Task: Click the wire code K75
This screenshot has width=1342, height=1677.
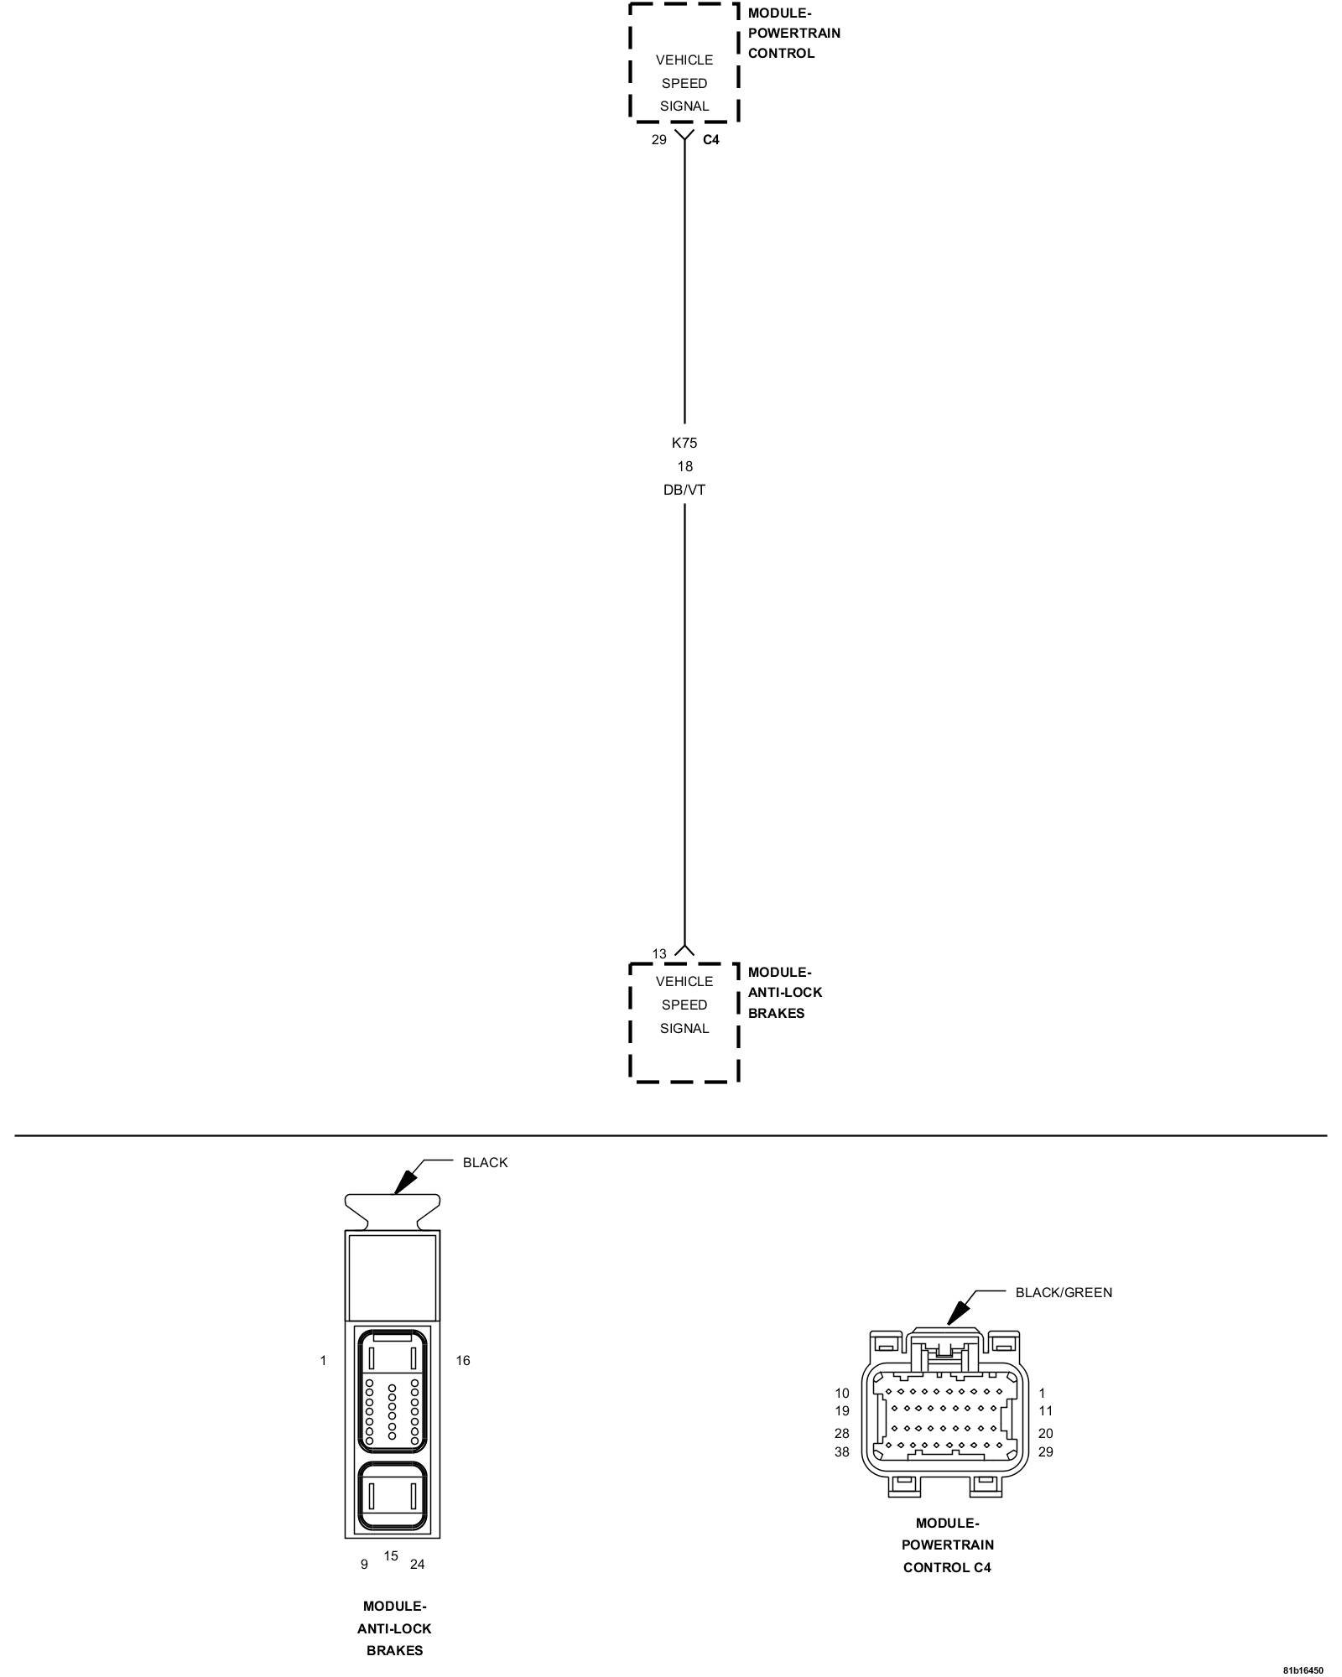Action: [684, 443]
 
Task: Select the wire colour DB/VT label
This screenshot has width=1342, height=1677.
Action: [684, 490]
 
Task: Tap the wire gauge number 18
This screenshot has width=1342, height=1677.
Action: [684, 466]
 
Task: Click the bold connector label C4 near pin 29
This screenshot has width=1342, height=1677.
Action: [710, 140]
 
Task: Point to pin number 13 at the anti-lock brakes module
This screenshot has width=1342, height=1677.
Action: [659, 953]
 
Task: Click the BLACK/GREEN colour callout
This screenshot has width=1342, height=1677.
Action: [1064, 1292]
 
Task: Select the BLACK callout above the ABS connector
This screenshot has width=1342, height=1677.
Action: [485, 1162]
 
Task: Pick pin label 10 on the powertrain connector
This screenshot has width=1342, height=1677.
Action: [841, 1393]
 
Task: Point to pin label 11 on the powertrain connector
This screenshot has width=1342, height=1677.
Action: [1045, 1410]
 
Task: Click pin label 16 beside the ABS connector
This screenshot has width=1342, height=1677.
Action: [463, 1360]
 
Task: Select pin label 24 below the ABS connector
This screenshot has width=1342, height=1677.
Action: [417, 1564]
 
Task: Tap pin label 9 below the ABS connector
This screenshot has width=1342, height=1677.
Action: [364, 1564]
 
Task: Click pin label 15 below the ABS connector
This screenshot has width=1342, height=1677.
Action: [391, 1555]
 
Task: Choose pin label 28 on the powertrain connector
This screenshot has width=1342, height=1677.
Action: [841, 1433]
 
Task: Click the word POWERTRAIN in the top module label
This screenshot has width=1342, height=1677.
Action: [793, 34]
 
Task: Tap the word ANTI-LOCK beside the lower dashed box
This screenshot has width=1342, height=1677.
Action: [784, 992]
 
